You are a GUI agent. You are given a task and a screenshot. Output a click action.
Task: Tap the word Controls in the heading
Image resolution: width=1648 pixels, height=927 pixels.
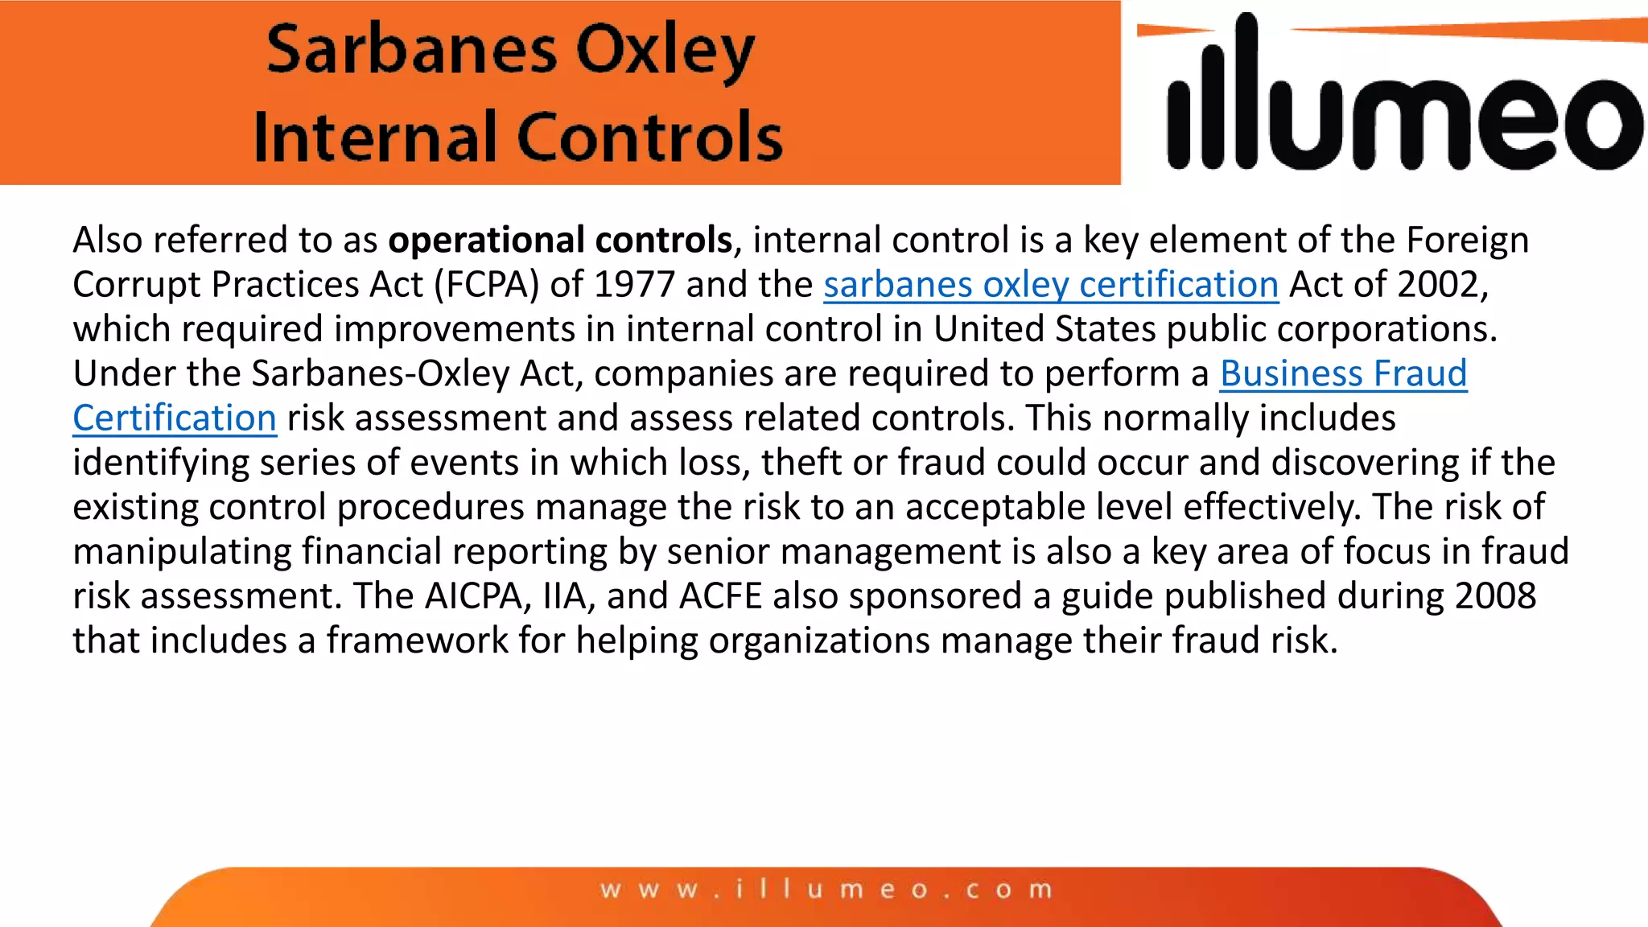coord(650,137)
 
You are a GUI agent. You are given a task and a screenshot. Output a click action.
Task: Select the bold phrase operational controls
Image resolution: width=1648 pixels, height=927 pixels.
coord(560,241)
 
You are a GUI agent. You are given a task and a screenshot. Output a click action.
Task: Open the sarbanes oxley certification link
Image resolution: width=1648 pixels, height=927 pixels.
coord(1051,285)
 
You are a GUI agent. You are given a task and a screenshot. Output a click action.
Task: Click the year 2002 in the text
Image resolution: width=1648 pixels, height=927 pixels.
coord(1438,285)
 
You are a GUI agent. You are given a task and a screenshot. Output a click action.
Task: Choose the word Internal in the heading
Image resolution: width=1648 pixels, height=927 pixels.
coord(375,137)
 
